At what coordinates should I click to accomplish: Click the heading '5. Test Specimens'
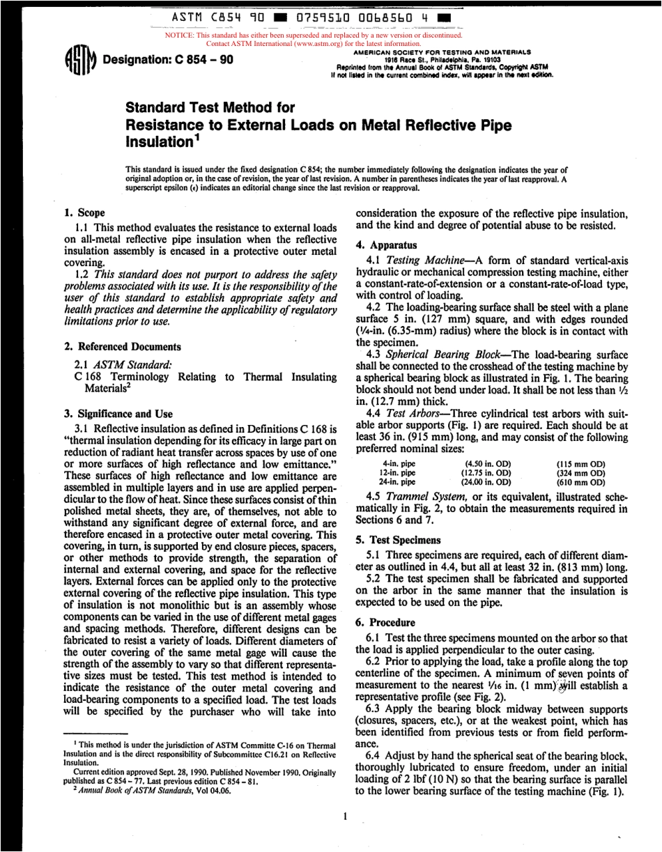pyautogui.click(x=399, y=540)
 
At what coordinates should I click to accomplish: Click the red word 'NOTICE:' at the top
pyautogui.click(x=178, y=34)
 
